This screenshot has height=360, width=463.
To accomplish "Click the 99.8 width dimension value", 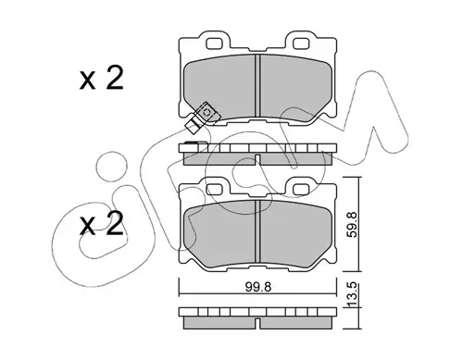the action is click(258, 287).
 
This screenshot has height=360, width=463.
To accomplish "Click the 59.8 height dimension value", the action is click(352, 224).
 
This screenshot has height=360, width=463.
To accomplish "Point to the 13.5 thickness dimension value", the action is click(352, 294).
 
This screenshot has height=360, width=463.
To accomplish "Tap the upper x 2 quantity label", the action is click(102, 78).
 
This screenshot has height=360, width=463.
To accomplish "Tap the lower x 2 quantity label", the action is click(102, 224).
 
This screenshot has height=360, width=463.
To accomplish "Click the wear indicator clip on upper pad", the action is click(203, 118).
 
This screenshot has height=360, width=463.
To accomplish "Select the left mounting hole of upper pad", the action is click(215, 43).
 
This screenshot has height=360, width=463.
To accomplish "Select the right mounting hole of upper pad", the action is click(301, 43).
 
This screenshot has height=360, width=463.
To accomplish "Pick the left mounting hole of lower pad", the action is click(215, 189).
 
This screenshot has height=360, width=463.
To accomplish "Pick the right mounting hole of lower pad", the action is click(301, 189).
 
